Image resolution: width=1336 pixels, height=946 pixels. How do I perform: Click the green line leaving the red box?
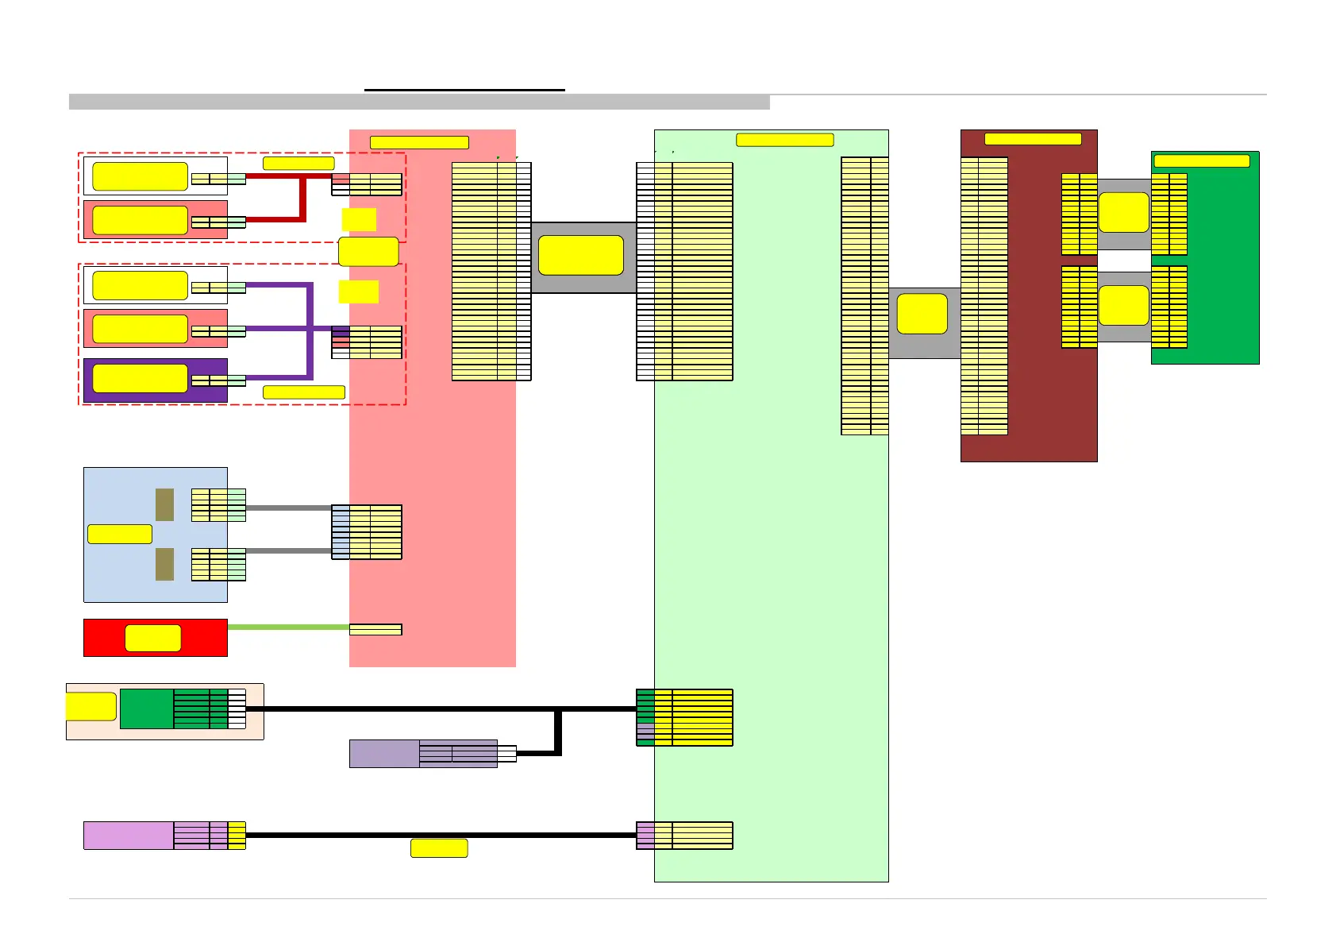pyautogui.click(x=288, y=627)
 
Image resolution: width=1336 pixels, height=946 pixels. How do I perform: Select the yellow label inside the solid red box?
pyautogui.click(x=153, y=638)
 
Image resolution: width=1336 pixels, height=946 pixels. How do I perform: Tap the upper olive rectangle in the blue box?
pyautogui.click(x=164, y=504)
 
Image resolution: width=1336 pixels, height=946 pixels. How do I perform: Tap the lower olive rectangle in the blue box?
pyautogui.click(x=164, y=564)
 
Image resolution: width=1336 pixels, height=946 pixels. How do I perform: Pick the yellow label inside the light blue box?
pyautogui.click(x=119, y=534)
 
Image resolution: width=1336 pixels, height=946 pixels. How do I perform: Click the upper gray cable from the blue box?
pyautogui.click(x=288, y=508)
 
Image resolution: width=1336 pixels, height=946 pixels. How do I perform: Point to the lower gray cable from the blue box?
pyautogui.click(x=288, y=550)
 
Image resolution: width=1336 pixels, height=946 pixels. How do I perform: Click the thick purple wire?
pyautogui.click(x=310, y=330)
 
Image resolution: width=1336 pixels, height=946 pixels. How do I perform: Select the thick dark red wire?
pyautogui.click(x=302, y=199)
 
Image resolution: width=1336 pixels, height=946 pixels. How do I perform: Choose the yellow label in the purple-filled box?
pyautogui.click(x=140, y=379)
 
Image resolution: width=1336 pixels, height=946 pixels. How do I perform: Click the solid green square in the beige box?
pyautogui.click(x=146, y=709)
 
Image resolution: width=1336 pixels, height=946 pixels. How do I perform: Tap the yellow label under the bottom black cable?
pyautogui.click(x=439, y=848)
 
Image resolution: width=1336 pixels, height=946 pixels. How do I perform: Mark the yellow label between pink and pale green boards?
pyautogui.click(x=581, y=255)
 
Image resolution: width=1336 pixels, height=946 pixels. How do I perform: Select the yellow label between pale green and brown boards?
pyautogui.click(x=922, y=314)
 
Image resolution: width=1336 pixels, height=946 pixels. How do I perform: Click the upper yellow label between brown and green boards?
pyautogui.click(x=1123, y=212)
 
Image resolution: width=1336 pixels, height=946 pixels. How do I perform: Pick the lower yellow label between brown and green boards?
pyautogui.click(x=1123, y=306)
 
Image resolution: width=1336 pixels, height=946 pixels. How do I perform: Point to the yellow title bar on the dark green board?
pyautogui.click(x=1202, y=161)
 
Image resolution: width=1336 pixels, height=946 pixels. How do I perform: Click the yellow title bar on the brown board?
pyautogui.click(x=1033, y=139)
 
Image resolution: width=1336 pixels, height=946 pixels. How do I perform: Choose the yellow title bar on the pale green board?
pyautogui.click(x=784, y=141)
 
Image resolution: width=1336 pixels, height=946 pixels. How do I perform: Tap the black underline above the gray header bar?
pyautogui.click(x=464, y=91)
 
